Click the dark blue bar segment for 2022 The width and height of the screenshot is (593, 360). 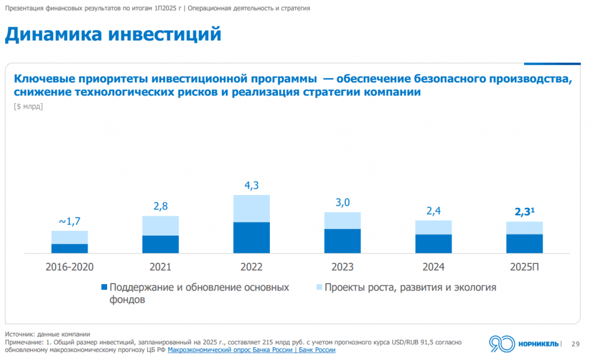click(251, 237)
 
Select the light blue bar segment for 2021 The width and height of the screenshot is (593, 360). click(160, 226)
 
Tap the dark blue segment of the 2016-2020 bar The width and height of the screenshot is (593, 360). click(69, 248)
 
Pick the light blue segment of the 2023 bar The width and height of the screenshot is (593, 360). click(342, 221)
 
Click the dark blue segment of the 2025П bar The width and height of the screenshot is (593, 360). click(524, 244)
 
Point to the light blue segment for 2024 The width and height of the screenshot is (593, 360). click(433, 227)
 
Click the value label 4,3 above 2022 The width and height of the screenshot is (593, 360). click(251, 186)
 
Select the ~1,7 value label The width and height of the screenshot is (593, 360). click(69, 221)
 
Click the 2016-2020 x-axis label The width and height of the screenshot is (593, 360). click(69, 267)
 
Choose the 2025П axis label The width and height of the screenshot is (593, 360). click(524, 267)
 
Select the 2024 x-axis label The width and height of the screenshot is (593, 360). click(433, 267)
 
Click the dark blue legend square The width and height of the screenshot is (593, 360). click(104, 288)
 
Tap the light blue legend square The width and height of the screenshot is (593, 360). click(319, 288)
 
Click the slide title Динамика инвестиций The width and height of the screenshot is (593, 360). click(114, 34)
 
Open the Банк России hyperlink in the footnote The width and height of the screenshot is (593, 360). click(251, 350)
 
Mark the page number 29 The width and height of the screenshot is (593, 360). click(575, 343)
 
